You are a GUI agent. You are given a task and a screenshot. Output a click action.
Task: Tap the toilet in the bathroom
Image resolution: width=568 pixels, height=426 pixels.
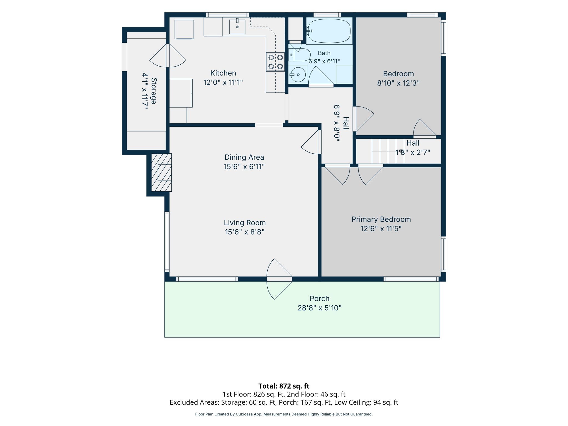pos(299,55)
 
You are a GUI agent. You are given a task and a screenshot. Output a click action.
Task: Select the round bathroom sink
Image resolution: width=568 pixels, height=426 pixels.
pos(298,74)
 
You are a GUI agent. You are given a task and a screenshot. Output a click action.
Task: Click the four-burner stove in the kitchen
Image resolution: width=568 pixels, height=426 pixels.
pos(275,62)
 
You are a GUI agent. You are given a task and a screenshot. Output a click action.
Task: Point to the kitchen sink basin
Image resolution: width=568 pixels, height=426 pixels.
pos(237,27)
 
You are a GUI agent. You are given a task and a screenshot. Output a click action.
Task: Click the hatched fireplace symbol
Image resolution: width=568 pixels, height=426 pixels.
pos(161,173)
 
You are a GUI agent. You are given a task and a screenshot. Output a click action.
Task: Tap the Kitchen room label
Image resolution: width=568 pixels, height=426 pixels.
pos(223,73)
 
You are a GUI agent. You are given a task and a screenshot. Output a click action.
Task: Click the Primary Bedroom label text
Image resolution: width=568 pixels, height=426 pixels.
pos(381,219)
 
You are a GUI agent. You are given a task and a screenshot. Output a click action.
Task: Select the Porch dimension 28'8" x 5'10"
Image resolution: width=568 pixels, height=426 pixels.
pos(319,308)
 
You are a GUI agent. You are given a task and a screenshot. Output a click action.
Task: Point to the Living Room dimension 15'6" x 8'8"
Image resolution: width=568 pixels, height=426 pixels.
pos(245,232)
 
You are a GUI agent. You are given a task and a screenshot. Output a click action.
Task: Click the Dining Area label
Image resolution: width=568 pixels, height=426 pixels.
pos(244,157)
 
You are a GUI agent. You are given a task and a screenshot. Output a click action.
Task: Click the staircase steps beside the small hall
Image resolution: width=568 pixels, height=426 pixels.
pos(388,151)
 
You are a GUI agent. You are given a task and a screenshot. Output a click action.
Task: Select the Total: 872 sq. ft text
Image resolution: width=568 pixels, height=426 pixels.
pos(284,386)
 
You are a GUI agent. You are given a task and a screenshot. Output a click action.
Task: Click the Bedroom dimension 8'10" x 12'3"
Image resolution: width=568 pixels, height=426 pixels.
pos(399,83)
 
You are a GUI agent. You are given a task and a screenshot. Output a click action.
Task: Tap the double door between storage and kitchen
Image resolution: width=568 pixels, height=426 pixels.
pos(168,55)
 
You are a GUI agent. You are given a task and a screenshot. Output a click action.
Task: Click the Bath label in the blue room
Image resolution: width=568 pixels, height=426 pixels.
pos(324,53)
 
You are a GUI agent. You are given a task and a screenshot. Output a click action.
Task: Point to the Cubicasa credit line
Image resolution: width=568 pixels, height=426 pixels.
pos(284,414)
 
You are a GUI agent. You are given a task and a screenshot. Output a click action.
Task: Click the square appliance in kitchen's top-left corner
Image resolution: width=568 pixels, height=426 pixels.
pos(184,29)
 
